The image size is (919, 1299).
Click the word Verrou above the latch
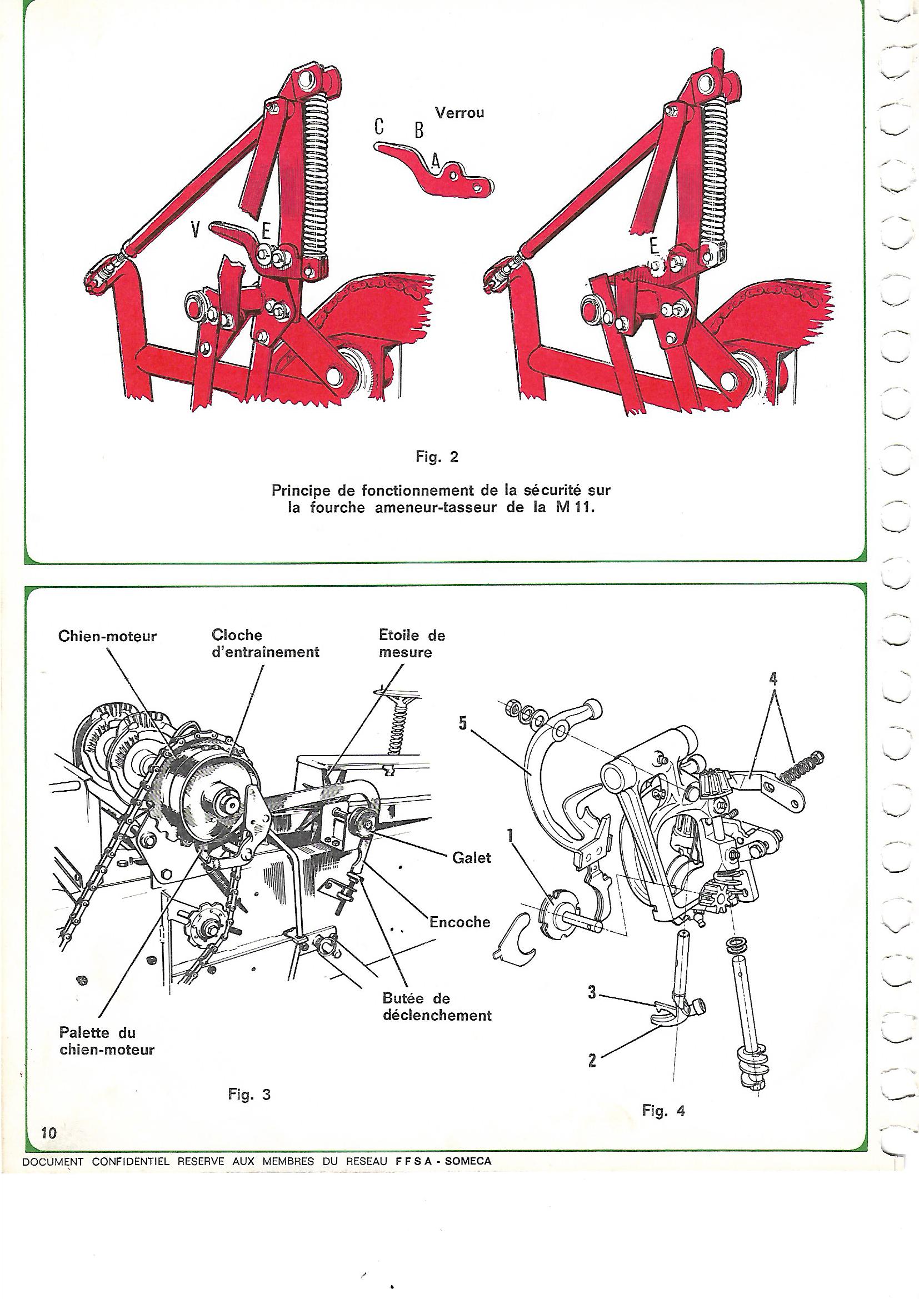tap(459, 113)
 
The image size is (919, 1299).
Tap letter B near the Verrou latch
tap(418, 131)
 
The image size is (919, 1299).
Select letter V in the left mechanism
tap(196, 229)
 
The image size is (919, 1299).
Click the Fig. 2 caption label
tap(436, 457)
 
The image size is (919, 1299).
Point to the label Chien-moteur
tap(107, 637)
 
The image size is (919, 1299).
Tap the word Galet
tap(471, 858)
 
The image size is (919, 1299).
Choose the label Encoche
tap(459, 922)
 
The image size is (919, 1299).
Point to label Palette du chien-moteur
tap(107, 1041)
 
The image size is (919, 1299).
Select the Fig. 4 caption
tap(664, 1111)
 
